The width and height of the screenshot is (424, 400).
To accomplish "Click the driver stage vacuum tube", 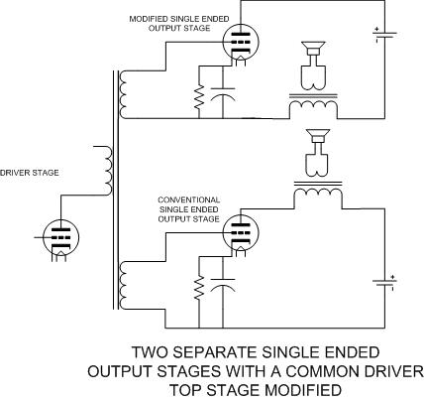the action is click(60, 237).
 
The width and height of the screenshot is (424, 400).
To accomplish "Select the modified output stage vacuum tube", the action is click(241, 43).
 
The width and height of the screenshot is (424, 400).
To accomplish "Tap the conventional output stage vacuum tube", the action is click(241, 232).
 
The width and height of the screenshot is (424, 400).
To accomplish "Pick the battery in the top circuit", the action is click(384, 35).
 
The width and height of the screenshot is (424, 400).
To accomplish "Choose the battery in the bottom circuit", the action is click(384, 283).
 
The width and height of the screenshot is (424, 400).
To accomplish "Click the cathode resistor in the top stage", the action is click(199, 97).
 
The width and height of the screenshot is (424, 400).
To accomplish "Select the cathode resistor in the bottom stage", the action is click(199, 288).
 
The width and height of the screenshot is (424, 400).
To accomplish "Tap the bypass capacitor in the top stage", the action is click(223, 93).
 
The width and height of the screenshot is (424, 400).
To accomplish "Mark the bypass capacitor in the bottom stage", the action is click(223, 284).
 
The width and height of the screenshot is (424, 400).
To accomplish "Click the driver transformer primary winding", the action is click(108, 170).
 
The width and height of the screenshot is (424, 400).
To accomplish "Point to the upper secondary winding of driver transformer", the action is click(123, 94).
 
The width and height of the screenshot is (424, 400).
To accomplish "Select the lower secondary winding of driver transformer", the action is click(123, 285).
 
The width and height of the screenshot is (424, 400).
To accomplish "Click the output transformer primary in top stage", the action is click(313, 106).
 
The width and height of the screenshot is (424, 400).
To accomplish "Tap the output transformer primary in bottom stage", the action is click(318, 194).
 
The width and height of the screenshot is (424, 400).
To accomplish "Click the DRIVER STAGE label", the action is click(30, 173).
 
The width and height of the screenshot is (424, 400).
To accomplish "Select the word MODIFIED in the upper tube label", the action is click(146, 19).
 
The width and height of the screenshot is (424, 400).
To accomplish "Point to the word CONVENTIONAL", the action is click(189, 200).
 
